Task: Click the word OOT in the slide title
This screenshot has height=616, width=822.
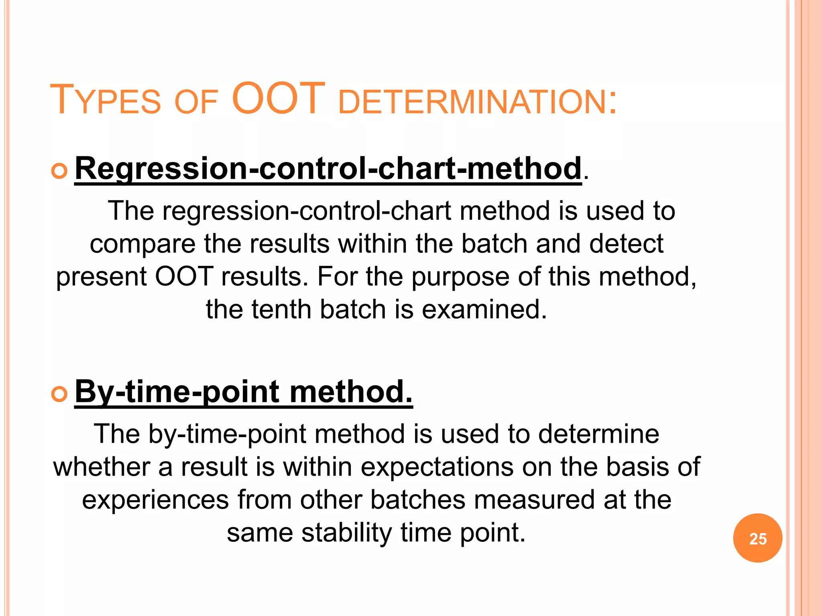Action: click(278, 99)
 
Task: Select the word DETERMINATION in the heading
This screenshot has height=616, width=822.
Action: click(477, 102)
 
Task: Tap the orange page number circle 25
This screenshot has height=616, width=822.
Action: click(757, 538)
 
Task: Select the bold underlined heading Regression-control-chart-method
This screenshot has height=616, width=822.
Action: click(328, 168)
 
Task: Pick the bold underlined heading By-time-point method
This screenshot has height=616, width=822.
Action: click(243, 391)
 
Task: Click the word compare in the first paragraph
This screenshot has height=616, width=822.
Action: click(142, 244)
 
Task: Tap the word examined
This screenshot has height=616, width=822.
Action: click(484, 310)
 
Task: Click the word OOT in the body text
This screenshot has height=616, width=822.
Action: click(184, 277)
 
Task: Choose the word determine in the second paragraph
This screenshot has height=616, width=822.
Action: click(598, 434)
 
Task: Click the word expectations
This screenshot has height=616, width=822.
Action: click(437, 467)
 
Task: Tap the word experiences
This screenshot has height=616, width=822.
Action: click(155, 500)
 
